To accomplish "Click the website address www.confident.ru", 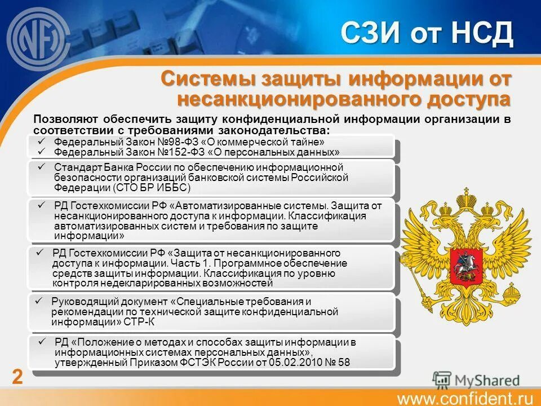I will click(x=465, y=398).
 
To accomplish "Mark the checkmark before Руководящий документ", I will click(x=39, y=301).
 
